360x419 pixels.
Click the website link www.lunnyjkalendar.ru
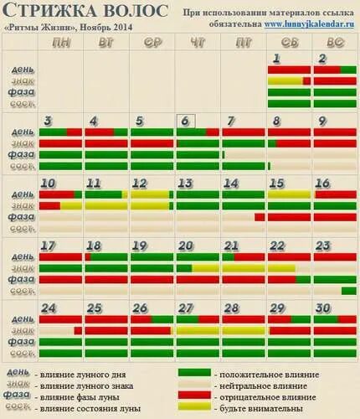click(x=310, y=25)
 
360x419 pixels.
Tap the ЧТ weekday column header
click(x=197, y=42)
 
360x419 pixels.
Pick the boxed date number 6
click(x=186, y=121)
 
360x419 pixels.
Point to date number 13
click(x=186, y=183)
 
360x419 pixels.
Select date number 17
click(x=49, y=246)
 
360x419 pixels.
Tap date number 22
click(x=277, y=246)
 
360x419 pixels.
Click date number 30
click(x=324, y=308)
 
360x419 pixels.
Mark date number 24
click(x=49, y=308)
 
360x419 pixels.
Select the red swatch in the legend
click(x=194, y=395)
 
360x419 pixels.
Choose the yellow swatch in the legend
click(x=194, y=406)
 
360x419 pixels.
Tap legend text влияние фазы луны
click(x=84, y=396)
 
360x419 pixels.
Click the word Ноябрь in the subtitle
click(x=98, y=25)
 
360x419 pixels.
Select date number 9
click(x=322, y=121)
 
